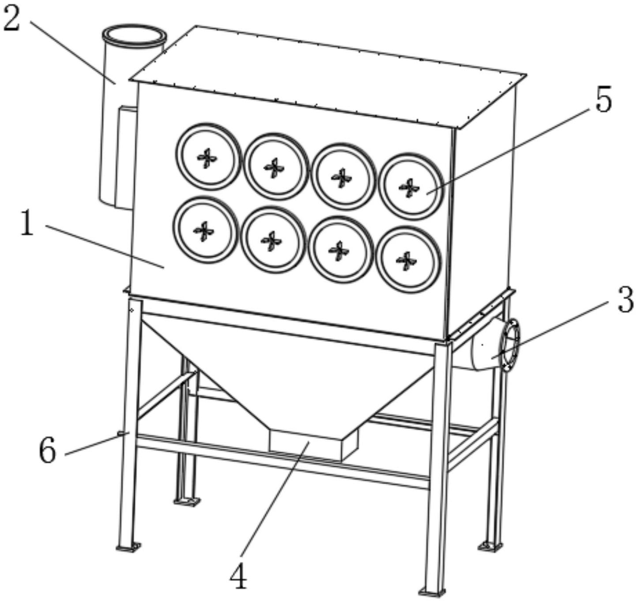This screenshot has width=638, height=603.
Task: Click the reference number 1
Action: tap(27, 223)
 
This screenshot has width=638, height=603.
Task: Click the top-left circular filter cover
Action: tap(208, 157)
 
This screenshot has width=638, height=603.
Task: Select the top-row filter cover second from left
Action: tap(275, 167)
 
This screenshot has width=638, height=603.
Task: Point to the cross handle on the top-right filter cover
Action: tap(409, 188)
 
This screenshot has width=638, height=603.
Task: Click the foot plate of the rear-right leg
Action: tap(490, 546)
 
